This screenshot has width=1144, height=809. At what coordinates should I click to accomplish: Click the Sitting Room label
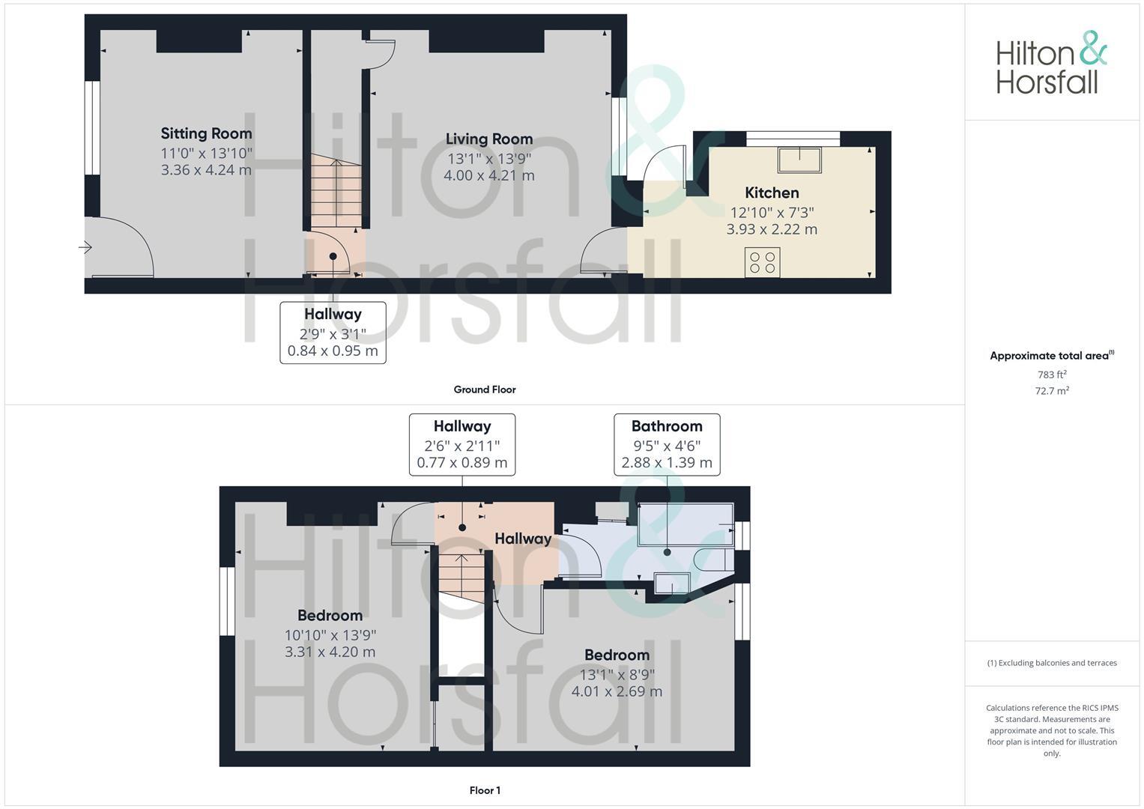(x=206, y=134)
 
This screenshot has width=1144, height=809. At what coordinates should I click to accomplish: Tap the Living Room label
(x=488, y=139)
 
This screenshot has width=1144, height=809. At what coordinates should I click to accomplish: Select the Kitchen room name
(x=771, y=193)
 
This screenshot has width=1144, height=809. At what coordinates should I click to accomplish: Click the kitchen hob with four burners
(x=762, y=262)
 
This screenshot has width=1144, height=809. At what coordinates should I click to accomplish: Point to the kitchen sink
(x=799, y=160)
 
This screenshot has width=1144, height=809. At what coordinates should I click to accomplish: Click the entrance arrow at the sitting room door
(x=85, y=247)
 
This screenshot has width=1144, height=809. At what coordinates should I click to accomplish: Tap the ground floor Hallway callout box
(x=333, y=333)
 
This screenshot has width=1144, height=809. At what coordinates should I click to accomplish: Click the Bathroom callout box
(x=667, y=444)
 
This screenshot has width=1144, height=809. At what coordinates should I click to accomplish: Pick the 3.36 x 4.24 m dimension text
(x=206, y=170)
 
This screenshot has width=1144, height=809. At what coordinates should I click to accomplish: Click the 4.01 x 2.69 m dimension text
(x=617, y=691)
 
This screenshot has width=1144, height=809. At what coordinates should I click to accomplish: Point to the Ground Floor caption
(x=484, y=390)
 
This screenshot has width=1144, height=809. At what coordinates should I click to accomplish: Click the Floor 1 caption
(x=485, y=790)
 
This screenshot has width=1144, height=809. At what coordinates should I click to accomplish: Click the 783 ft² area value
(x=1052, y=375)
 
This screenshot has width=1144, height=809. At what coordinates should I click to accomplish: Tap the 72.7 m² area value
(x=1052, y=391)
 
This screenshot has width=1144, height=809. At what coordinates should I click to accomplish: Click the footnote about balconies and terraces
(x=1052, y=663)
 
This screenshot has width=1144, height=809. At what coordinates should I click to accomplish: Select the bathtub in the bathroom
(x=685, y=524)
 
